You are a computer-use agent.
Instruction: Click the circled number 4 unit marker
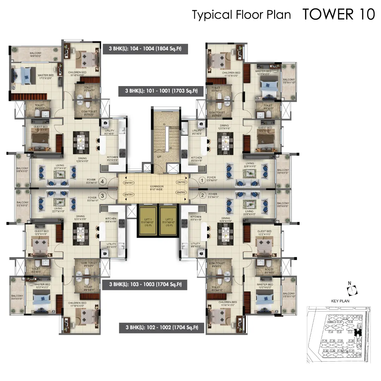point(103,182)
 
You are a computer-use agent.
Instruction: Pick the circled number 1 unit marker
point(202,180)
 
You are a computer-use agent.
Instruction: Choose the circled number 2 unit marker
point(202,195)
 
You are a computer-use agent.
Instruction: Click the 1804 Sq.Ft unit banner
point(145,49)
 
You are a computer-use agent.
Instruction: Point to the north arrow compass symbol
point(351,291)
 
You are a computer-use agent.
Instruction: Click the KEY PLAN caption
point(340,301)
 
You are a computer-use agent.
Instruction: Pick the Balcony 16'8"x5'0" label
point(35,54)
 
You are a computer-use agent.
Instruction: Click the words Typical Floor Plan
point(241,15)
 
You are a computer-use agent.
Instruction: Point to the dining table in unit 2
point(225,234)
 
